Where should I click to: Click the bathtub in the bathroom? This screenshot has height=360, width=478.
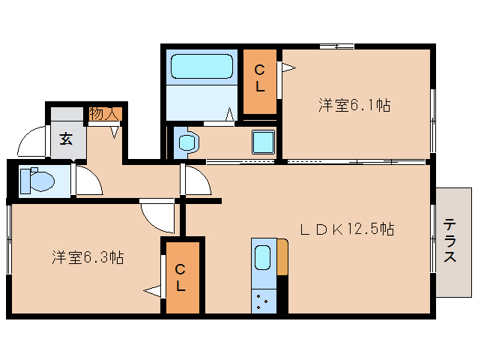click(x=200, y=67)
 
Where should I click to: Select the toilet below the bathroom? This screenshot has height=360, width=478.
click(x=185, y=141)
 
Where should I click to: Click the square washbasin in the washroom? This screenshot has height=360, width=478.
click(x=262, y=142)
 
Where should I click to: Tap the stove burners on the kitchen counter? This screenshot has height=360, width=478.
click(x=263, y=301)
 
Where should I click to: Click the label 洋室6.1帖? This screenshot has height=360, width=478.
click(x=354, y=106)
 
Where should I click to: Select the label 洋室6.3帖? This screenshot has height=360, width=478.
click(x=88, y=257)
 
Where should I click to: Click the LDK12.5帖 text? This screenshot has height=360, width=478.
click(x=348, y=230)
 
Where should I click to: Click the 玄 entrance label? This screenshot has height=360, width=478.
click(x=66, y=139)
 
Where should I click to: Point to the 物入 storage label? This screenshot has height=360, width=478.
click(x=104, y=114)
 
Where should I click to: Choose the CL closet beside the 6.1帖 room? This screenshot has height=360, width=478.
click(x=259, y=79)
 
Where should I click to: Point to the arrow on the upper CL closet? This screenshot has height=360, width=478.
click(x=288, y=67)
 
